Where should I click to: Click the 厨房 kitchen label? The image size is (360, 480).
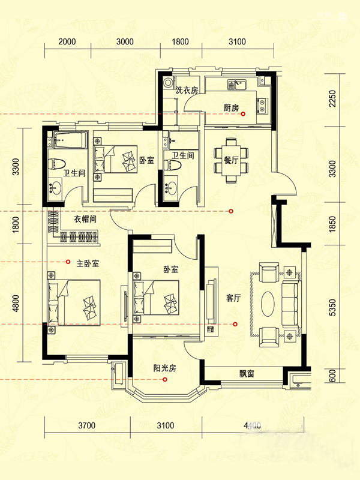231,108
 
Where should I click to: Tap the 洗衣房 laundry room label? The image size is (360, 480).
187,90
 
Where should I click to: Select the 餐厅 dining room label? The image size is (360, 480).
231,160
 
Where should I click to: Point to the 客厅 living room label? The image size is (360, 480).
233,298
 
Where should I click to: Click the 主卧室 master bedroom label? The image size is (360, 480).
88,263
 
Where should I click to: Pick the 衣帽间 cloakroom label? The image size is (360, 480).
85,219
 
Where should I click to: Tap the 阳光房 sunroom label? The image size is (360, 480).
164,368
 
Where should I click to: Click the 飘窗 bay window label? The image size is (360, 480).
247,374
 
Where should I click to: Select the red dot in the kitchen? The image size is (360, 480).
243,114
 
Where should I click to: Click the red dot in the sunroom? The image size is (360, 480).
165,380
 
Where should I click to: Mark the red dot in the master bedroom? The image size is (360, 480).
68,262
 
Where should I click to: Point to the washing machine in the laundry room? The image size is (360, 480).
168,83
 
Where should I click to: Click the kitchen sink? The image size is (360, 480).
236,85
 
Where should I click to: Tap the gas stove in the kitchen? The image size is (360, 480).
262,106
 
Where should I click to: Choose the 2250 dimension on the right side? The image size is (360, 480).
332,98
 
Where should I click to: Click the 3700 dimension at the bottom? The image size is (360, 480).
87,425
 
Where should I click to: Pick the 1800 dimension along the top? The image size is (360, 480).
180,41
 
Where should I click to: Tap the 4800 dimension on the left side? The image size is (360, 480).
16,303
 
